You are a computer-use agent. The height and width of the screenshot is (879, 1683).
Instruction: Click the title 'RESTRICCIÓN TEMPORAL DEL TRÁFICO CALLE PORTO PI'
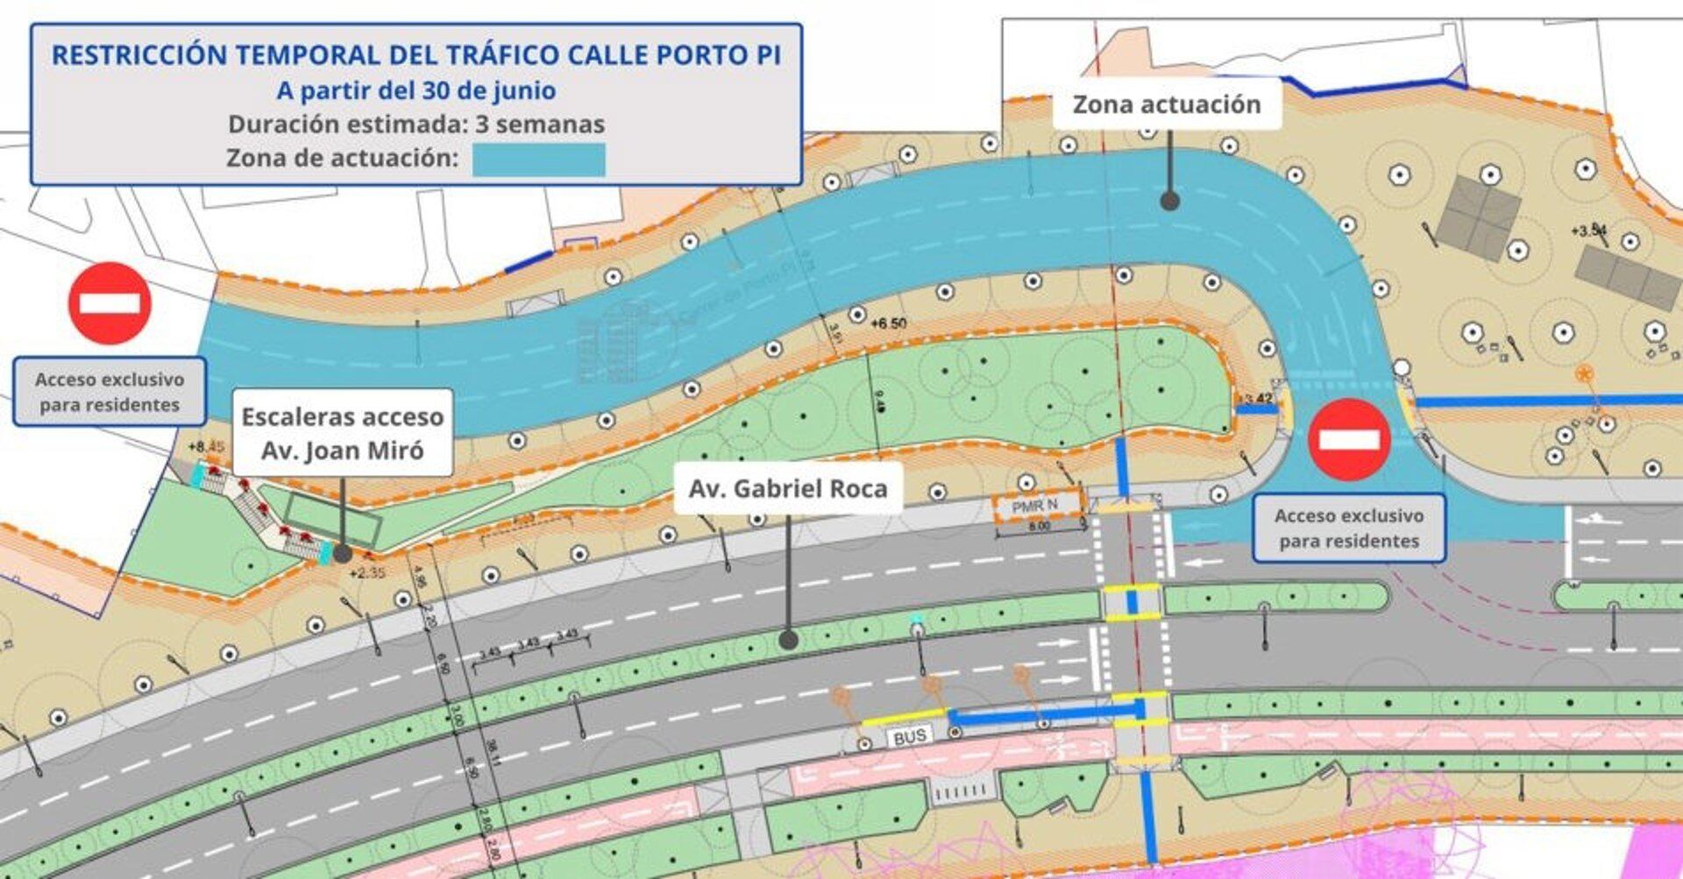point(415,54)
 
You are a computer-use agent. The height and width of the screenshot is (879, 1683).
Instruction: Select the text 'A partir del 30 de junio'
point(415,90)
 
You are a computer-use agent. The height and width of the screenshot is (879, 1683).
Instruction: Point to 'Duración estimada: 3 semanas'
point(415,124)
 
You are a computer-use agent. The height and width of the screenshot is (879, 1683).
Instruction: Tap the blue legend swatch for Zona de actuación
point(538,159)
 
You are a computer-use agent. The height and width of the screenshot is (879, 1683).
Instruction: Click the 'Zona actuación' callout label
point(1167,105)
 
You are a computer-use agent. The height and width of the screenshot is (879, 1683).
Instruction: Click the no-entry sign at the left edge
point(110,303)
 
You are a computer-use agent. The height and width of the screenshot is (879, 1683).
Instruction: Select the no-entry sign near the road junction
point(1349,439)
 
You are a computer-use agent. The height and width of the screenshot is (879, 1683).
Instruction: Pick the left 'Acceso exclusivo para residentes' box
point(110,392)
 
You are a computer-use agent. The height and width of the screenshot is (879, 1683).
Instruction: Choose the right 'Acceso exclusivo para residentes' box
point(1348,528)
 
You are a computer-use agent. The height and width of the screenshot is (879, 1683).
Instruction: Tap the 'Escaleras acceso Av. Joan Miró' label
point(342,433)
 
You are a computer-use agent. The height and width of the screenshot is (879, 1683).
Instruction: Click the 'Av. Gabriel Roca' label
point(787,488)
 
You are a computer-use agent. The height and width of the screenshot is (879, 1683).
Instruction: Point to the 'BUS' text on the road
point(909,737)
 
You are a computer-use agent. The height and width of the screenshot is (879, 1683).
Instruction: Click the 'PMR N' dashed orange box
point(1036,507)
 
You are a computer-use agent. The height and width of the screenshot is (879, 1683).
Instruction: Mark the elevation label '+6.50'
point(888,323)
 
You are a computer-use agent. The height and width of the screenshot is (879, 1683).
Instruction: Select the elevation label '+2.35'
point(367,573)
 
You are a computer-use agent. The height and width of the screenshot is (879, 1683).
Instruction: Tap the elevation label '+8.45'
point(207,447)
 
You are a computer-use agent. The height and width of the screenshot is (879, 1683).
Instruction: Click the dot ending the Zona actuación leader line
point(1169,202)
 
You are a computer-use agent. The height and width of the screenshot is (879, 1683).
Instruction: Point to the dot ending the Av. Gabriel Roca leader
point(788,640)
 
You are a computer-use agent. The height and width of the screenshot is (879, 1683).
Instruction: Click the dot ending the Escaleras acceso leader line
point(343,554)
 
